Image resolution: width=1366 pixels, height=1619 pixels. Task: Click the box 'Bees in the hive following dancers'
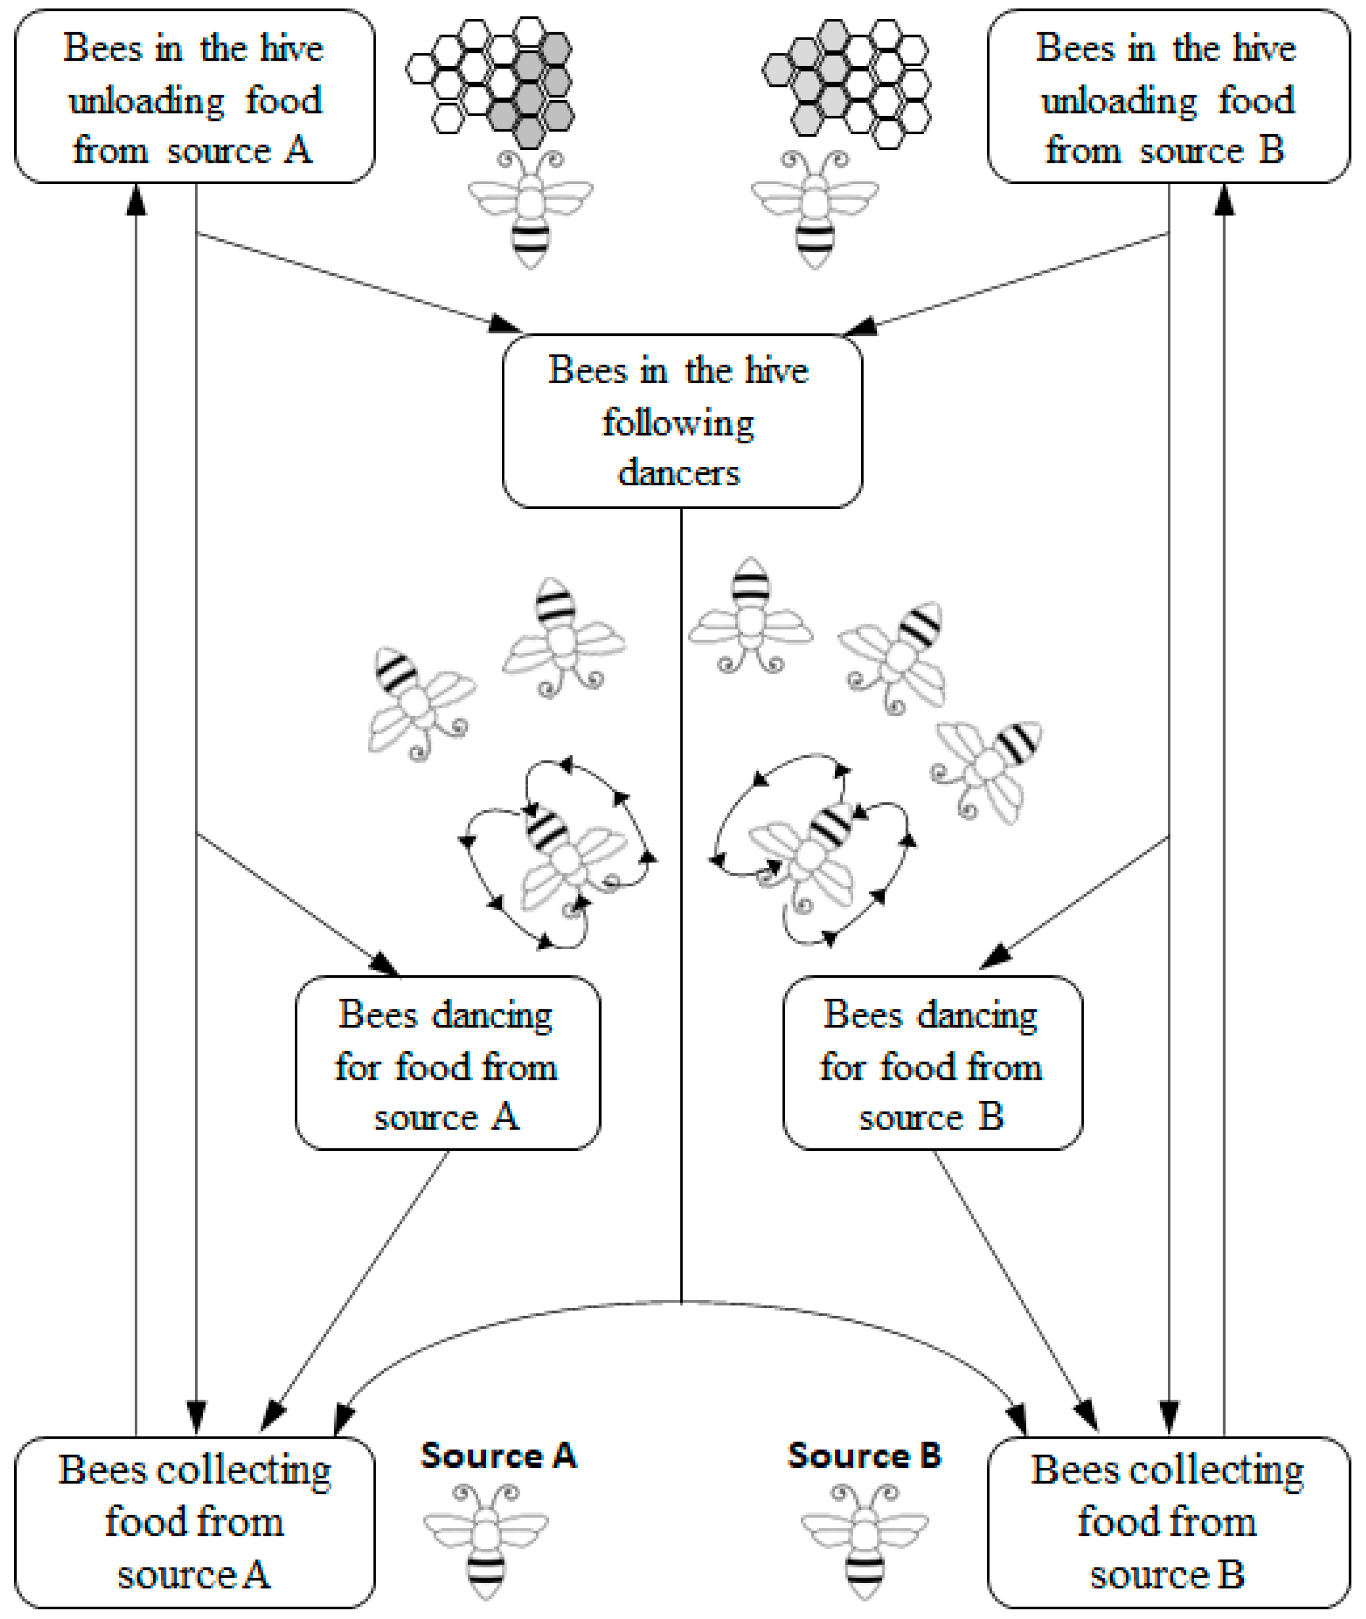click(681, 422)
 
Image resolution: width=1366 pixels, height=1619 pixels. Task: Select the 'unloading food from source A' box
click(194, 97)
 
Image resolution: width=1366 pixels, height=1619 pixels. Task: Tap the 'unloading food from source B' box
click(1168, 97)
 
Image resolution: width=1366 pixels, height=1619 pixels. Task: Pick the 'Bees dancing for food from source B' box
click(932, 1063)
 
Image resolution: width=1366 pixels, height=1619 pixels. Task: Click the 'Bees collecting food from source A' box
click(194, 1521)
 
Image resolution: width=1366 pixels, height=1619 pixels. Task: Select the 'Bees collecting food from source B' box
click(1168, 1521)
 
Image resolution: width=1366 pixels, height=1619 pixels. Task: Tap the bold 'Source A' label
click(498, 1455)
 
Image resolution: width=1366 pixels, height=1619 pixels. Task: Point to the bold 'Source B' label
click(864, 1455)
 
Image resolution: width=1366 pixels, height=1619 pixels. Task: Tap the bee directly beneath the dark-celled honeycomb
click(531, 209)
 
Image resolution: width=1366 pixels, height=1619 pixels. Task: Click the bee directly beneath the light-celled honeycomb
click(815, 209)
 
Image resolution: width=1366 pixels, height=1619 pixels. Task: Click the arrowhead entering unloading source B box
click(1224, 200)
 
